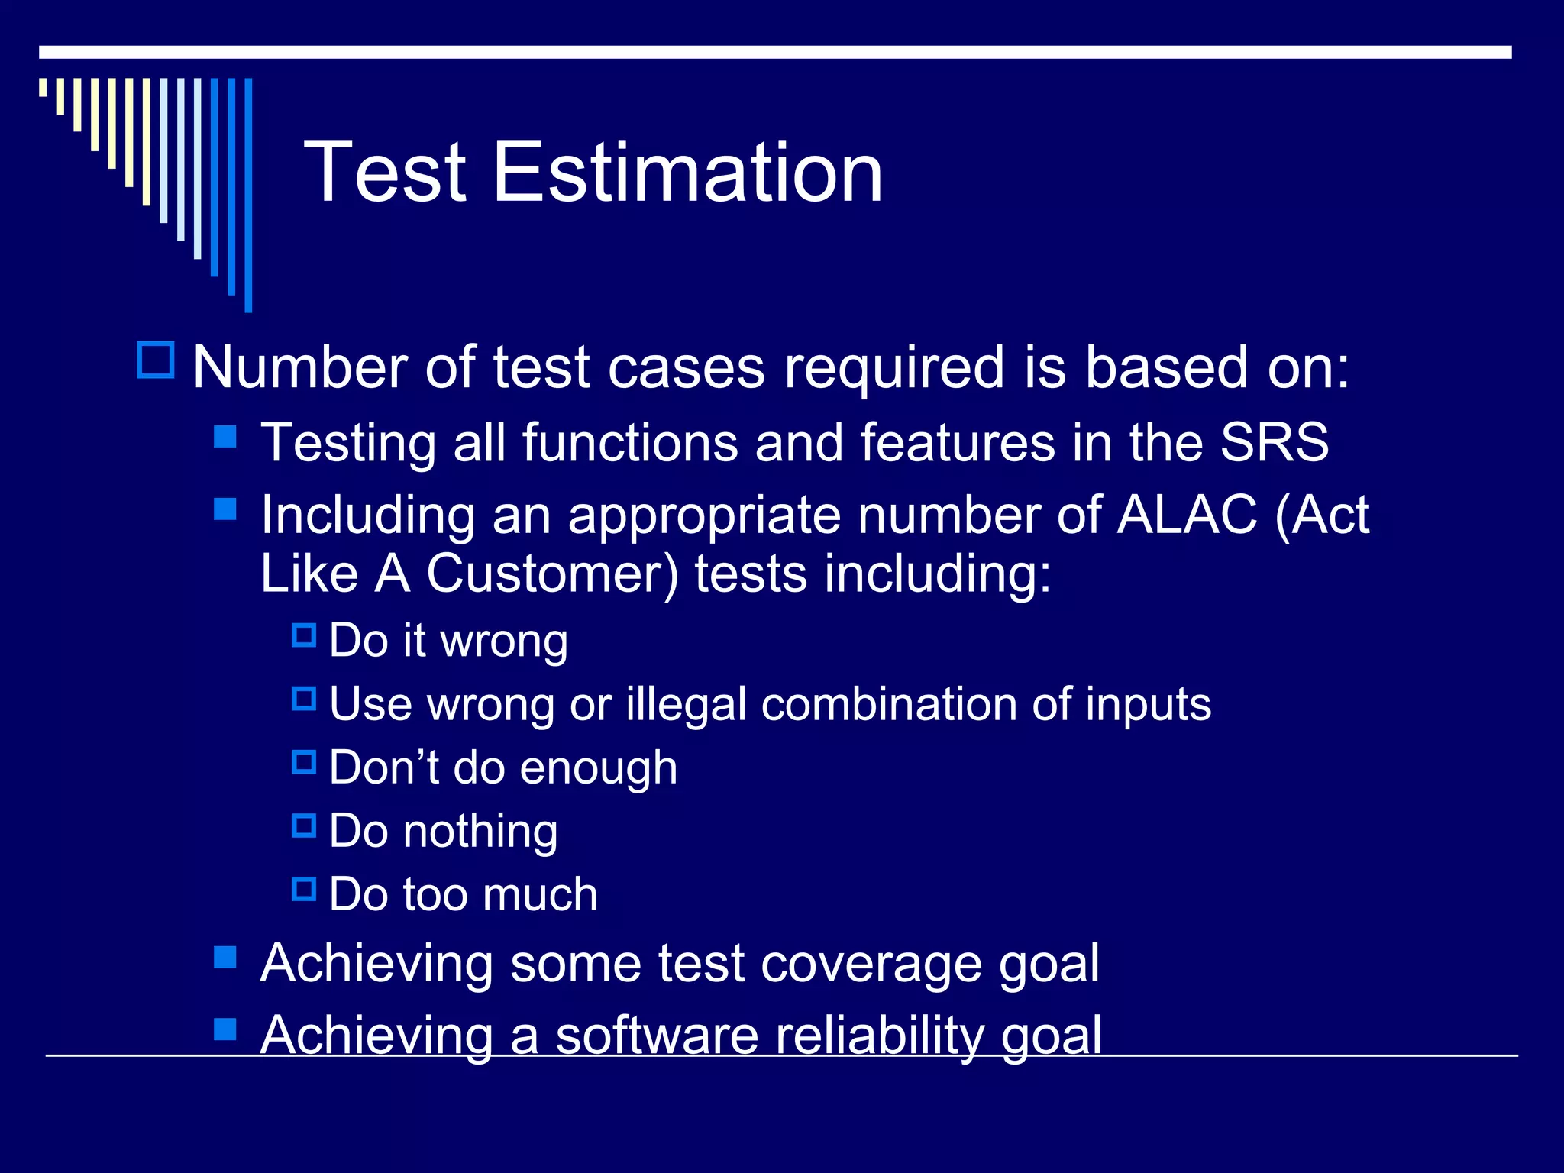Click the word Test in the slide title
[386, 174]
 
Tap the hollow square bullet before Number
[156, 360]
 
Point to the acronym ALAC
[1187, 515]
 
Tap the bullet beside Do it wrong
[304, 635]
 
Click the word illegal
[686, 704]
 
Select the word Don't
[383, 767]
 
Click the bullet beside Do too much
[304, 889]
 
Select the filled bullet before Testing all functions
[225, 437]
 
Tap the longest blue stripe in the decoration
[248, 195]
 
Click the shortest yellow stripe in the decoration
[43, 87]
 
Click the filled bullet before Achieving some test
[225, 958]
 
